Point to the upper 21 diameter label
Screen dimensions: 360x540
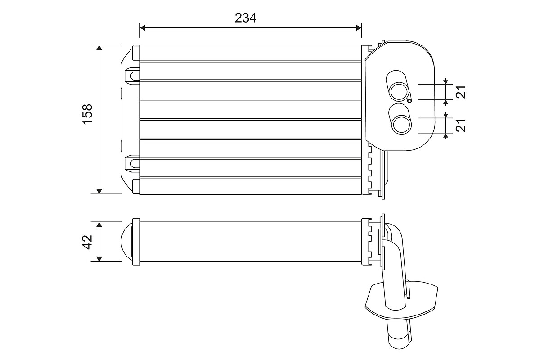click(x=460, y=91)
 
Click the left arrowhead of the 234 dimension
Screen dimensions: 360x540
click(x=144, y=27)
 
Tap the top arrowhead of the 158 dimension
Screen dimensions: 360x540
click(x=99, y=48)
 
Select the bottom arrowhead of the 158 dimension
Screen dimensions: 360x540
click(x=99, y=191)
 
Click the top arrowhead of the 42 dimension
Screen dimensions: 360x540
click(x=99, y=225)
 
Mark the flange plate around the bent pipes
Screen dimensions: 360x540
click(x=400, y=298)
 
